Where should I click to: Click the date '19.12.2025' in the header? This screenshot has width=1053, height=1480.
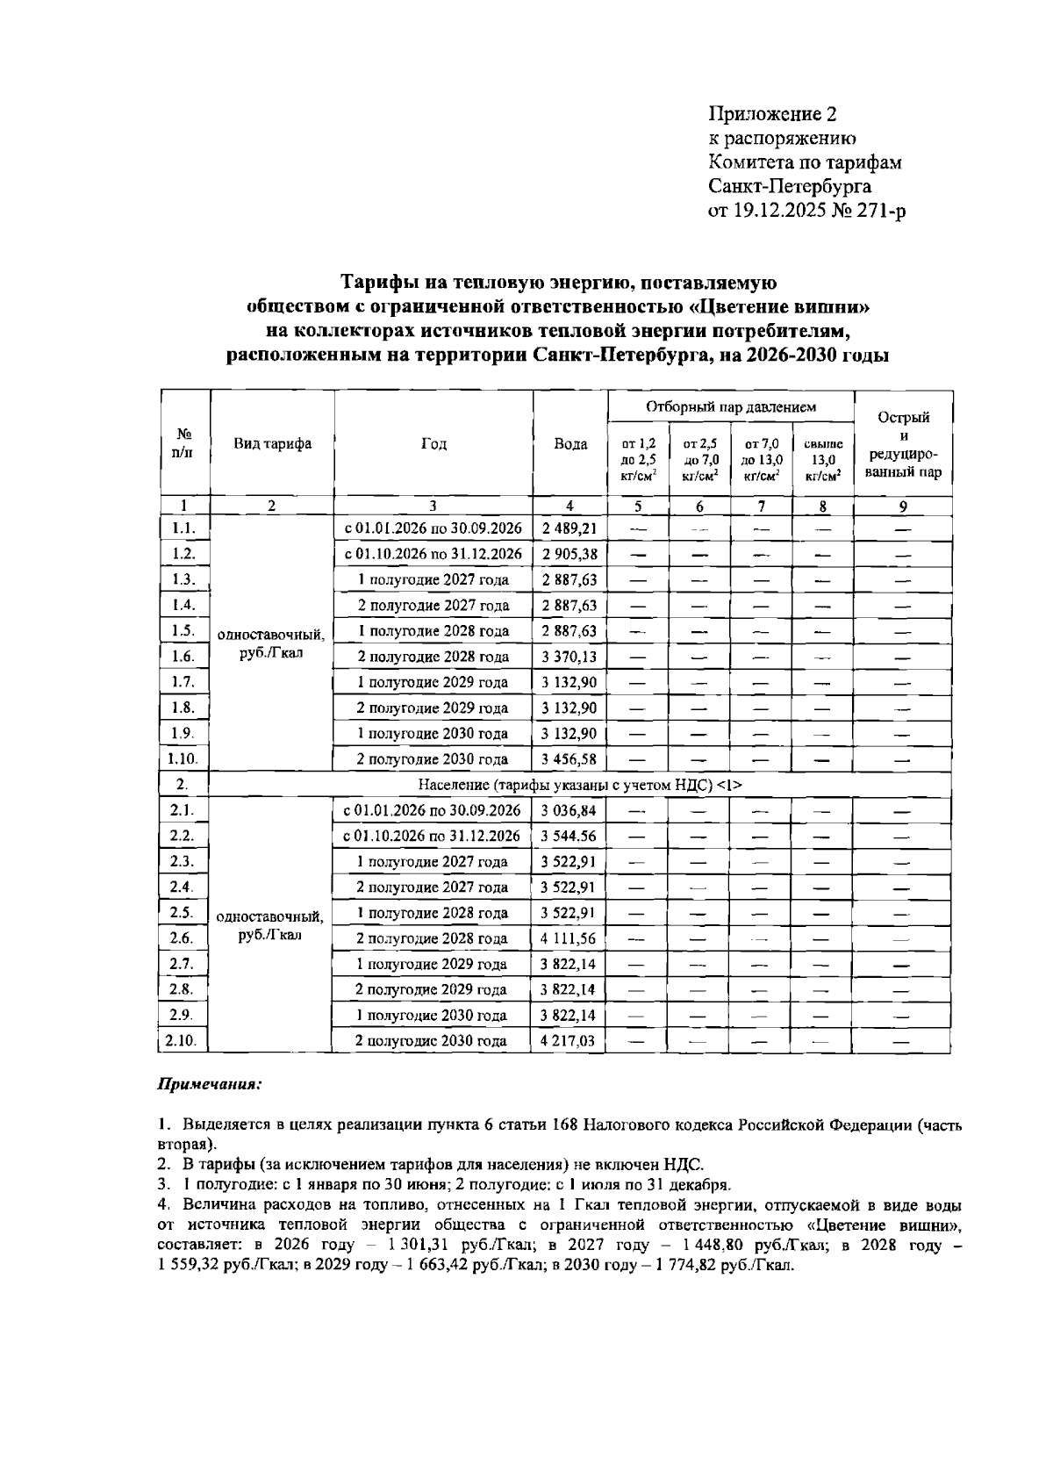781,211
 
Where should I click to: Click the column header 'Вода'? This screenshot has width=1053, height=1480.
570,444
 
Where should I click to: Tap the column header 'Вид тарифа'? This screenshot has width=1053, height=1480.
272,444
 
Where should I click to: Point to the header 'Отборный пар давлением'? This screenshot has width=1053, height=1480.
731,407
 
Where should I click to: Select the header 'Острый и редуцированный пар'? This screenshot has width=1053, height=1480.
903,444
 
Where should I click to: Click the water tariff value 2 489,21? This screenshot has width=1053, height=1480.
569,528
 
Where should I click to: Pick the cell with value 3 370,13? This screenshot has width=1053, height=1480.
569,657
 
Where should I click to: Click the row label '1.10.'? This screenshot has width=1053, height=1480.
183,759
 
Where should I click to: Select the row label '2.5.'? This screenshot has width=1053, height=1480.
183,912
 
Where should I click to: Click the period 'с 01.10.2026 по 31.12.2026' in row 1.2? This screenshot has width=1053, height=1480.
433,554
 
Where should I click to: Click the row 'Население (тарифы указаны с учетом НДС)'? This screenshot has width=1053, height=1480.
580,785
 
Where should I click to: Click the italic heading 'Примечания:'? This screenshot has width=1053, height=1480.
210,1084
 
